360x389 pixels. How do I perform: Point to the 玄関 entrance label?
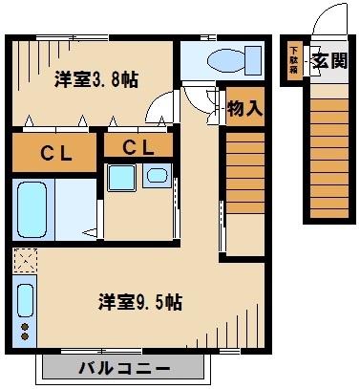pyautogui.click(x=327, y=62)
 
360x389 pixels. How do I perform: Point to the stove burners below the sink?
pyautogui.click(x=24, y=332)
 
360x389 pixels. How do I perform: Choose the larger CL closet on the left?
pyautogui.click(x=53, y=152)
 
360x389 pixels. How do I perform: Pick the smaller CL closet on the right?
pyautogui.click(x=138, y=147)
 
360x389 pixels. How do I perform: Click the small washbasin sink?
pyautogui.click(x=156, y=179)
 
